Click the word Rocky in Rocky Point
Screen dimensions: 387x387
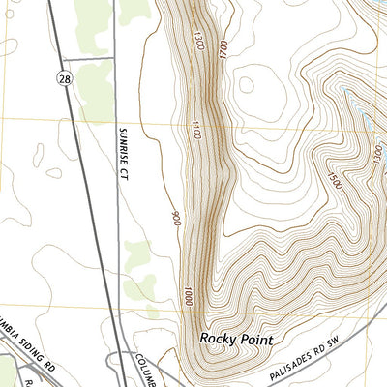(221, 340)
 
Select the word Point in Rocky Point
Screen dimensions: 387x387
(258, 340)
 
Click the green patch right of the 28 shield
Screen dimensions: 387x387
(97, 92)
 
